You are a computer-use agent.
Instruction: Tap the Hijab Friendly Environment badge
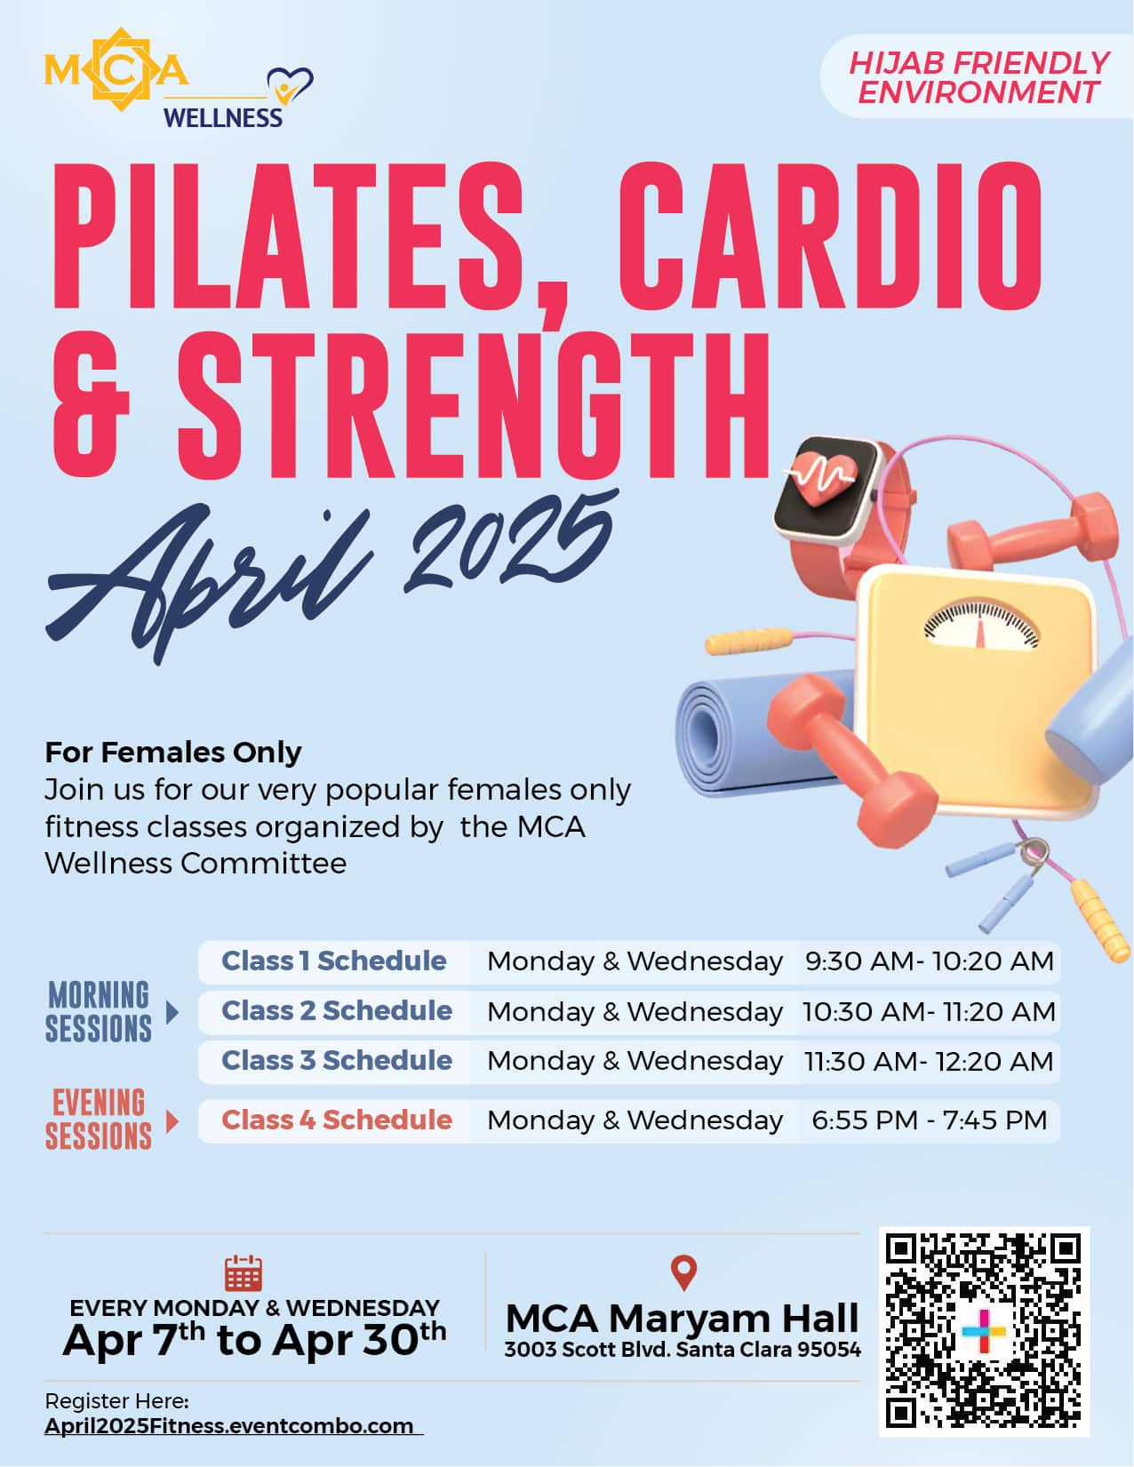pyautogui.click(x=978, y=77)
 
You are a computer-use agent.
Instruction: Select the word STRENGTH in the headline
pyautogui.click(x=474, y=403)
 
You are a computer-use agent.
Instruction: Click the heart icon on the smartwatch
pyautogui.click(x=825, y=478)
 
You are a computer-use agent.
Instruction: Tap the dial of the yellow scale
pyautogui.click(x=981, y=624)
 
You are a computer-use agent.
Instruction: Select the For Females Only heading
pyautogui.click(x=172, y=752)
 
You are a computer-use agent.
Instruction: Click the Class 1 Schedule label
pyautogui.click(x=334, y=961)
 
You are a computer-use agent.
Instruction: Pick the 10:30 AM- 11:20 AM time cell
pyautogui.click(x=929, y=1011)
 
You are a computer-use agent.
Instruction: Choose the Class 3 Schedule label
pyautogui.click(x=337, y=1061)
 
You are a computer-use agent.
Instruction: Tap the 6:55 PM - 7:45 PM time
pyautogui.click(x=930, y=1120)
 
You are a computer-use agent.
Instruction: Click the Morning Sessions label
pyautogui.click(x=99, y=1011)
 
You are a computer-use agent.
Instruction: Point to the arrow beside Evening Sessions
pyautogui.click(x=172, y=1122)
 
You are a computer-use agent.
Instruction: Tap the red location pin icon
pyautogui.click(x=683, y=1272)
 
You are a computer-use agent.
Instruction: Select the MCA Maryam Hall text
pyautogui.click(x=683, y=1318)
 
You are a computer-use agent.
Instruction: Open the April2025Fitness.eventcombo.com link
pyautogui.click(x=229, y=1426)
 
